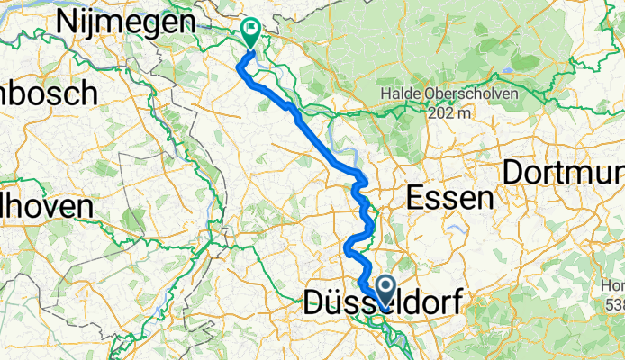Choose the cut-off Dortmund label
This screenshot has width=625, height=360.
click(x=563, y=173)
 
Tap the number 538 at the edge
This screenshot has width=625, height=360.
click(x=615, y=305)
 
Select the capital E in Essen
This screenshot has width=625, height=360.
click(x=416, y=196)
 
